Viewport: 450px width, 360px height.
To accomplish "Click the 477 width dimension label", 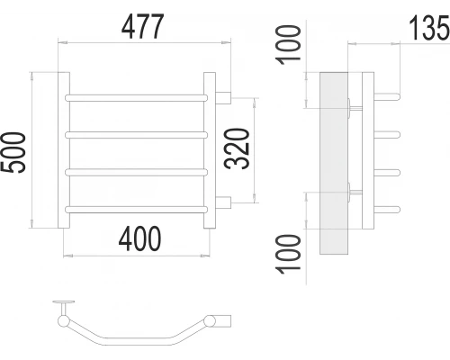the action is point(143,26).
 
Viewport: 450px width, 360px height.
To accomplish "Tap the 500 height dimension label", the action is point(13,152).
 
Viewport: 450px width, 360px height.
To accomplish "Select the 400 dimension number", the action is point(139,238).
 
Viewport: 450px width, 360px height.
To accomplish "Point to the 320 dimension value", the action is point(237,148).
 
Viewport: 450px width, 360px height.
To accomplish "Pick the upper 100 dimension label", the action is point(288,45).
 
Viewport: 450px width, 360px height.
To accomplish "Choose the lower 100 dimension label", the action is point(288,254).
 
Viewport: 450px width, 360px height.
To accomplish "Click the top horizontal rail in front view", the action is point(136,98).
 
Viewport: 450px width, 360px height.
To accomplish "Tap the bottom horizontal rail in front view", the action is point(136,210).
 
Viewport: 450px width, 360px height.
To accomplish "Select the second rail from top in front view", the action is point(136,135).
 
